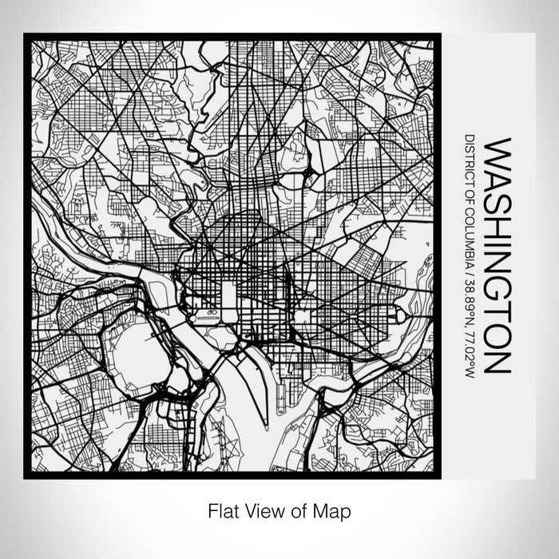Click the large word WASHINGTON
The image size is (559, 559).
[x=497, y=256]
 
